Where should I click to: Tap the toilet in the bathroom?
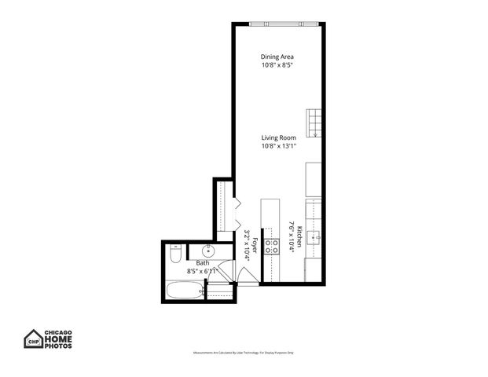(176, 254)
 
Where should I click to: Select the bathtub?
(184, 291)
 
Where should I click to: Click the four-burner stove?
(272, 247)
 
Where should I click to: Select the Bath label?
(203, 264)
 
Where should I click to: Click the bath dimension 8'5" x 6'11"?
(202, 272)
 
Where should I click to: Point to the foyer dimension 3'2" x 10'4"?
(246, 244)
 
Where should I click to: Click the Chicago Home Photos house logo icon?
(33, 339)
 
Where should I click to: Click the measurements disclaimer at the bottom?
(244, 353)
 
